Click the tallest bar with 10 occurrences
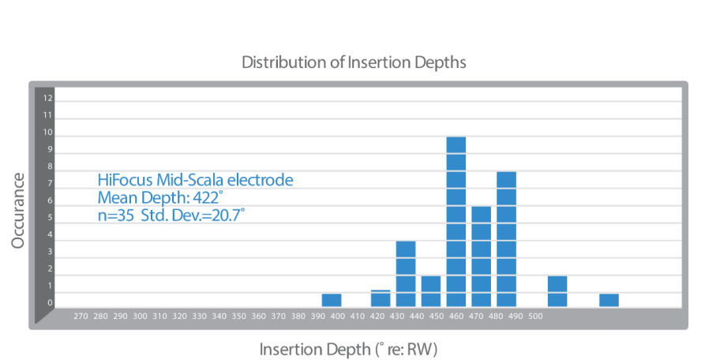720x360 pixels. pos(456,221)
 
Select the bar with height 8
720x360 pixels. pos(506,238)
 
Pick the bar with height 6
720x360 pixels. pos(481,256)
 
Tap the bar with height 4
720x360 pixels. pos(406,273)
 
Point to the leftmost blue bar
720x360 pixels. pos(332,299)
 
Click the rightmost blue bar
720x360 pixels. pos(609,299)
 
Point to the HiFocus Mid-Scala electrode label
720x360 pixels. pos(194,180)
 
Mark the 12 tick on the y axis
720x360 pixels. pos(48,99)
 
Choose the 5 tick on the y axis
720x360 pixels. pos(48,218)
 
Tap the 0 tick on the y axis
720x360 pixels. pos(48,302)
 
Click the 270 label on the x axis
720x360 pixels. pos(80,316)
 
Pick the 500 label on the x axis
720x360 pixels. pos(535,316)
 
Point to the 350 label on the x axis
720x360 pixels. pos(238,316)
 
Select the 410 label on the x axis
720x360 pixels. pos(357,316)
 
